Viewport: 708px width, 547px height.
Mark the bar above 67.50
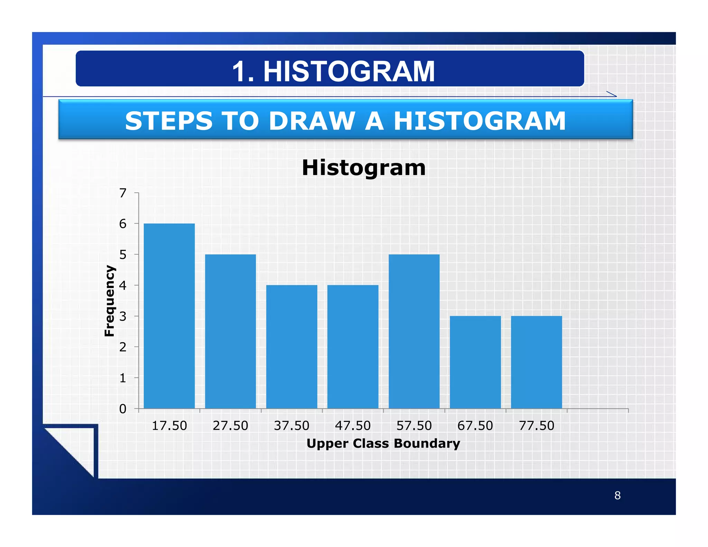pos(475,362)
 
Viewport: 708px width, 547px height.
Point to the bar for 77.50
pos(536,362)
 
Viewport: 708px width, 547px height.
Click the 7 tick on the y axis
pos(123,193)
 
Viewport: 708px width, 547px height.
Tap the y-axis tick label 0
pos(123,409)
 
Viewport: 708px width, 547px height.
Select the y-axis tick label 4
pos(123,286)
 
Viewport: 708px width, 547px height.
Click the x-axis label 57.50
pos(414,426)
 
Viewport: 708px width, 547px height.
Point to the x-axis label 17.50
pos(169,426)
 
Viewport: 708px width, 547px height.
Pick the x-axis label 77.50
pos(536,426)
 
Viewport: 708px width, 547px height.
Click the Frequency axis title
pos(109,301)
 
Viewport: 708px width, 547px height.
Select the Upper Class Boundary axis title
pos(383,444)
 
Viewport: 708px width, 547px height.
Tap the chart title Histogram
pos(363,168)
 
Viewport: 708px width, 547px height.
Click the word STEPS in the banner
pos(168,121)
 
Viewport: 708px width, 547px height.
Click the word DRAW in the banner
pos(312,121)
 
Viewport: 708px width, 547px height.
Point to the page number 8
pos(617,495)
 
